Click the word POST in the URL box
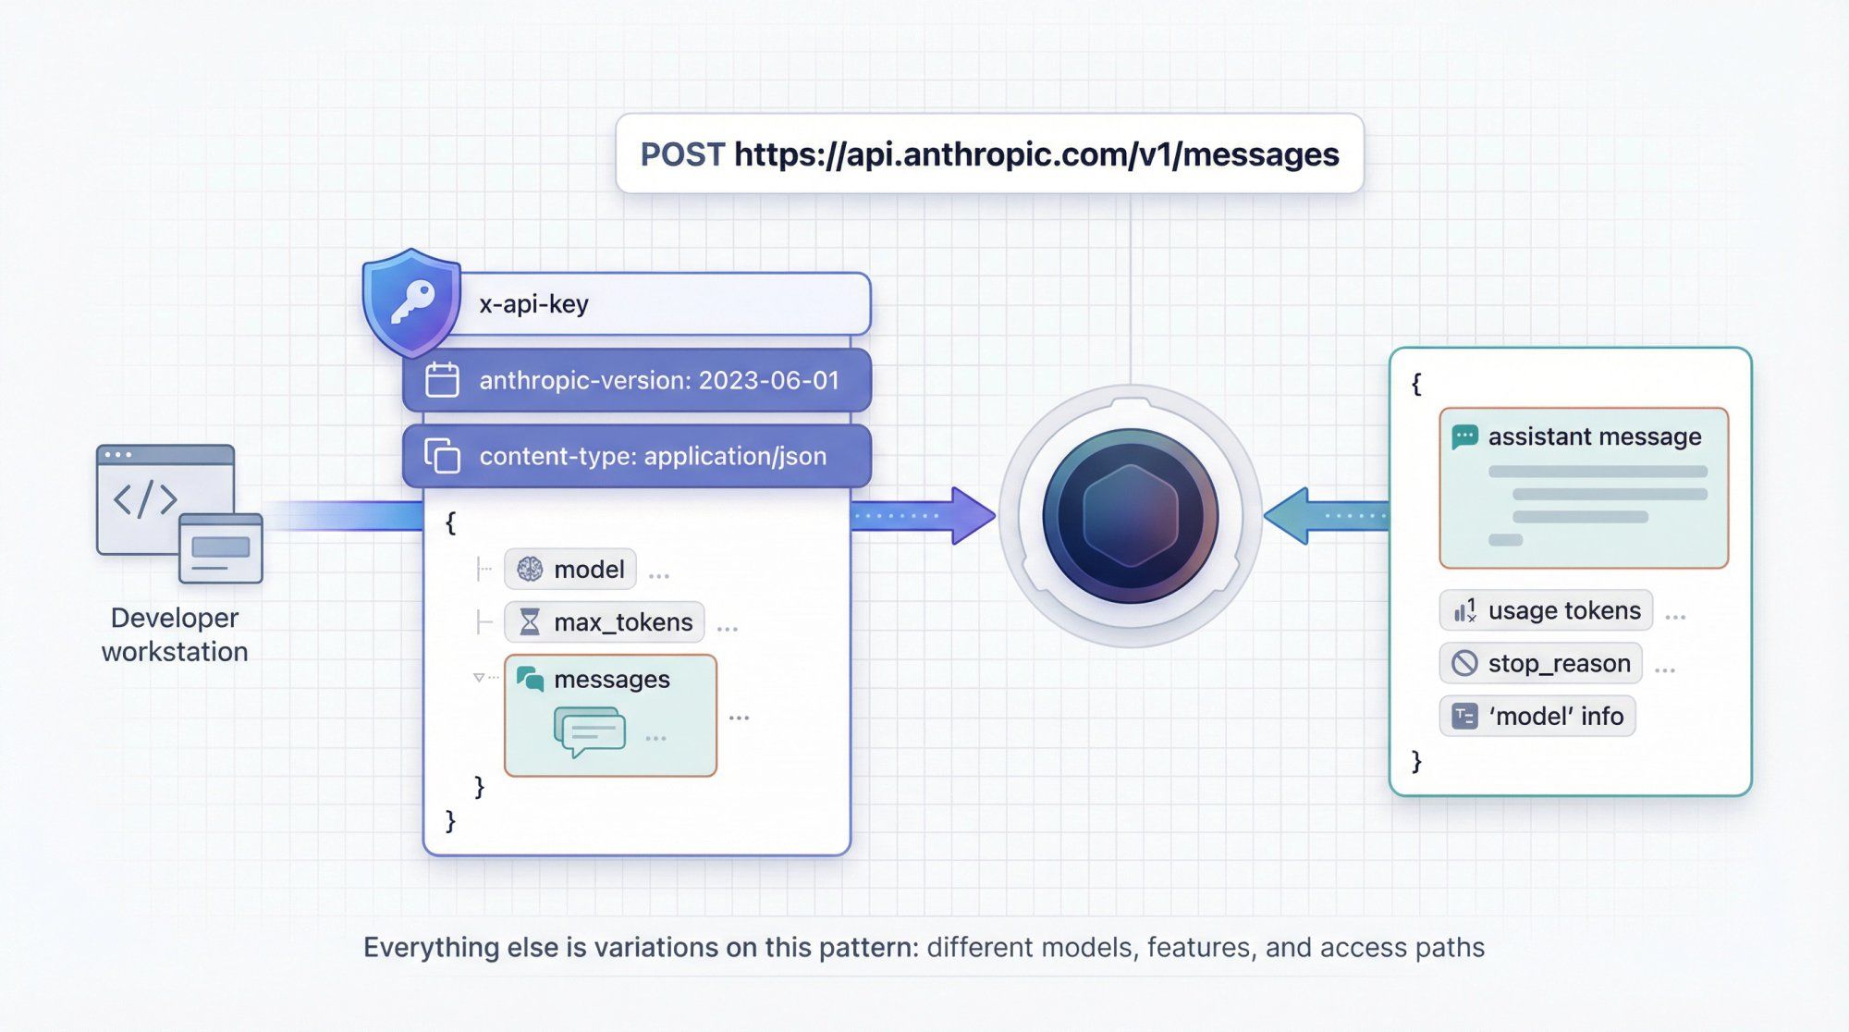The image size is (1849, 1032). click(x=682, y=154)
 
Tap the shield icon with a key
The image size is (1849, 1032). click(x=411, y=302)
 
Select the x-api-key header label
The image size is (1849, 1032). click(x=533, y=304)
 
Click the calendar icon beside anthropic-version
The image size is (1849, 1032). click(x=442, y=380)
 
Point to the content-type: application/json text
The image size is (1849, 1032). click(x=653, y=456)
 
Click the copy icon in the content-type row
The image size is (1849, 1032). click(x=442, y=456)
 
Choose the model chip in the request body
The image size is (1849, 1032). click(x=570, y=569)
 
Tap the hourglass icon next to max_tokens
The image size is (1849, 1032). click(x=530, y=622)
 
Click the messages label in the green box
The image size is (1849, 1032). click(x=611, y=679)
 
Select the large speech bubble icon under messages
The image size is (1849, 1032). click(x=590, y=731)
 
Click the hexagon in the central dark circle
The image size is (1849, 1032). click(x=1130, y=516)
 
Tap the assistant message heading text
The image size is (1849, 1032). click(x=1594, y=436)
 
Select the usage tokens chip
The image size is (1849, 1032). click(x=1546, y=610)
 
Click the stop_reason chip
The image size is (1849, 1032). click(x=1541, y=663)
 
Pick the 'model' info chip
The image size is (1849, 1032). click(x=1537, y=716)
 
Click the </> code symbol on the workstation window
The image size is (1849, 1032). click(x=145, y=499)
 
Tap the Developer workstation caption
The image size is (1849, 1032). click(x=175, y=634)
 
